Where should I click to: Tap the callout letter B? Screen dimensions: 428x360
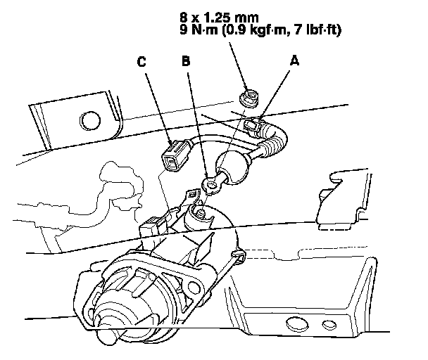coord(186,62)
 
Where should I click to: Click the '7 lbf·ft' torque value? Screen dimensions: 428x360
coord(320,30)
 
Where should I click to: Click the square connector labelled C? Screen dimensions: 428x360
coord(173,155)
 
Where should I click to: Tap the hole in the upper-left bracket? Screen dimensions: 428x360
coord(89,117)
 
